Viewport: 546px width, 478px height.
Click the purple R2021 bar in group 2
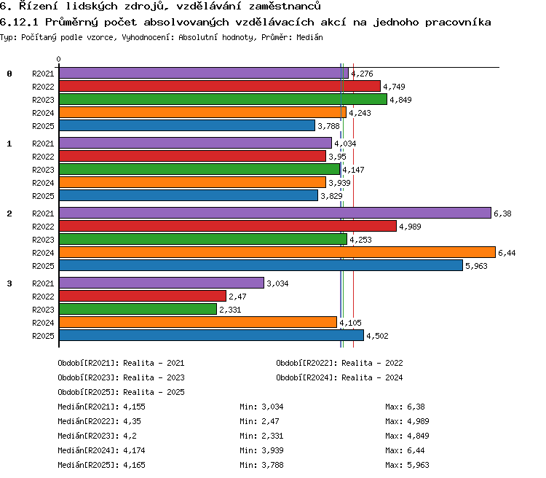(275, 213)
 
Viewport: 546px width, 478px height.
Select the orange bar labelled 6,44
(277, 252)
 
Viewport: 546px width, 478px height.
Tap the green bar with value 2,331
(138, 309)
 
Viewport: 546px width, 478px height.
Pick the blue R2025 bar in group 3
(211, 335)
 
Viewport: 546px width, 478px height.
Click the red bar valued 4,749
(220, 86)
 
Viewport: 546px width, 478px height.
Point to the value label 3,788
(328, 126)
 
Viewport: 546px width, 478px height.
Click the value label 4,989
(410, 227)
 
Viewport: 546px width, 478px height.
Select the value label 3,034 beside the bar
(277, 283)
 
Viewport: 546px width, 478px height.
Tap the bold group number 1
(9, 144)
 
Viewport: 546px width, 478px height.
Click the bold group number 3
(9, 283)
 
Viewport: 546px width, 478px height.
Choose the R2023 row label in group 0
(43, 100)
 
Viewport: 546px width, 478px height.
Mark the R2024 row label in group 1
(43, 183)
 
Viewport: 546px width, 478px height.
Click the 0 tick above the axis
(58, 59)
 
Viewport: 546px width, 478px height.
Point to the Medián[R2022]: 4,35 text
(99, 421)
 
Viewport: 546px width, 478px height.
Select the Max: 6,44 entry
(405, 450)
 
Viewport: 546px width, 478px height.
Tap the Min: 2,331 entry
(261, 436)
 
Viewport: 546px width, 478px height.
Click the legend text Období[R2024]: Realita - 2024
(339, 377)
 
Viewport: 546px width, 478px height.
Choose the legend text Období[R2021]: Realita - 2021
(121, 363)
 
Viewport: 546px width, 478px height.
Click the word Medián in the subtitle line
(309, 37)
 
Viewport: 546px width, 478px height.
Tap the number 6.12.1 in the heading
(19, 23)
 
